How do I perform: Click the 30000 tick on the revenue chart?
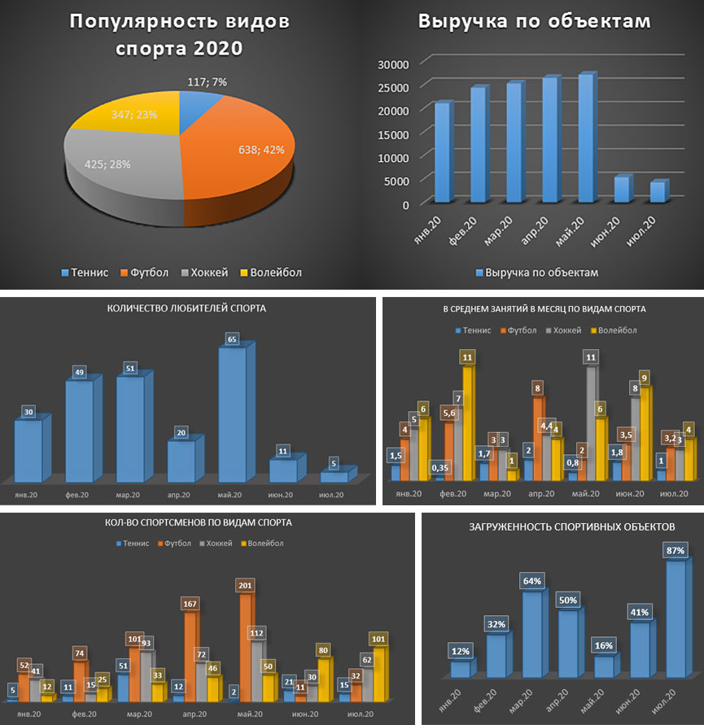tap(393, 63)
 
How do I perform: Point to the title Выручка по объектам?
tap(534, 21)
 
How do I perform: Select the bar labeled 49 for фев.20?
tap(79, 431)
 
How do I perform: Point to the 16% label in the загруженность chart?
tap(604, 645)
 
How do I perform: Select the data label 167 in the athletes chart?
tap(190, 604)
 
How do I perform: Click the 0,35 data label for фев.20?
tap(440, 467)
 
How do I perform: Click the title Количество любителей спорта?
tap(187, 308)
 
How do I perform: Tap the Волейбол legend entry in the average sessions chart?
tap(618, 330)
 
